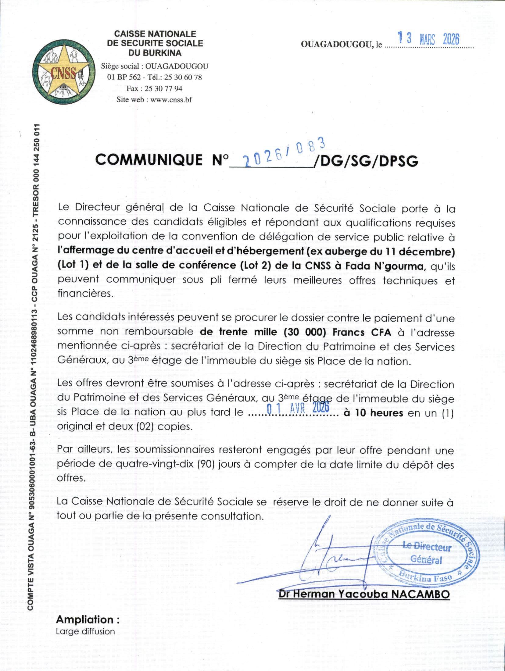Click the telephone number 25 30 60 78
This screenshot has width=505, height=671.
coord(183,77)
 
